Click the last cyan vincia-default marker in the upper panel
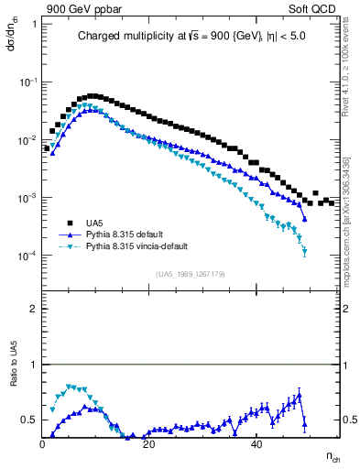click(304, 251)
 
